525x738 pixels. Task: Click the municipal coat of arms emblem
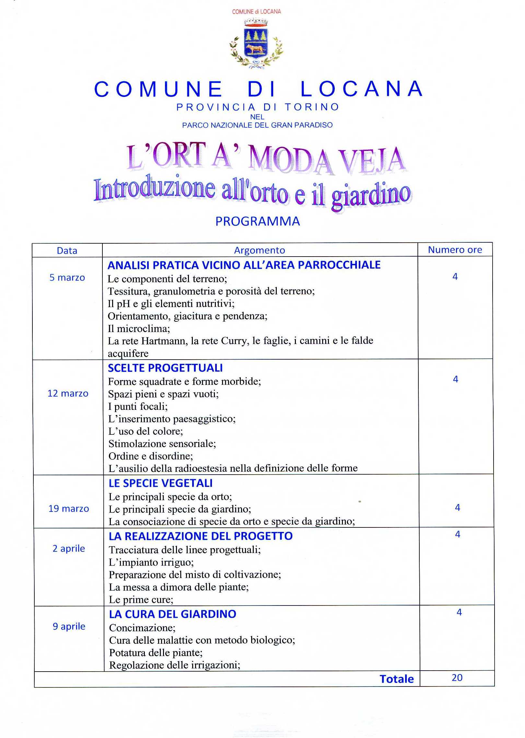click(x=256, y=44)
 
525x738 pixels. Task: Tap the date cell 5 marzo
click(x=67, y=278)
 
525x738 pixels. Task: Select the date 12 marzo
click(x=68, y=393)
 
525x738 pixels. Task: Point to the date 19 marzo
click(x=69, y=509)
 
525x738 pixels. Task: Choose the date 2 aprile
click(x=69, y=548)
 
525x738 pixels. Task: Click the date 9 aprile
click(x=69, y=626)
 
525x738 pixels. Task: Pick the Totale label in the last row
click(x=397, y=679)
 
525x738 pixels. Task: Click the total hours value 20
click(x=457, y=678)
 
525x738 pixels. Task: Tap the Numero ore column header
click(x=455, y=250)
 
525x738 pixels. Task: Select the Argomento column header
click(x=260, y=250)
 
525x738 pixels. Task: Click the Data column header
click(x=67, y=251)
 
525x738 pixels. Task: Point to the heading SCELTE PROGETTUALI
click(x=165, y=368)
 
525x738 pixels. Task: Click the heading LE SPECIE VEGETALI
click(x=161, y=483)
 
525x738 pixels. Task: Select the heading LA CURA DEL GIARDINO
click(x=173, y=614)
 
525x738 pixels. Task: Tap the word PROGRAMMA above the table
click(x=258, y=222)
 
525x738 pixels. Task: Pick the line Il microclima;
click(x=139, y=329)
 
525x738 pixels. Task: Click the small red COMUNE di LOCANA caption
click(x=256, y=12)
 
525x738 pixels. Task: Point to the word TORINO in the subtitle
click(x=312, y=107)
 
